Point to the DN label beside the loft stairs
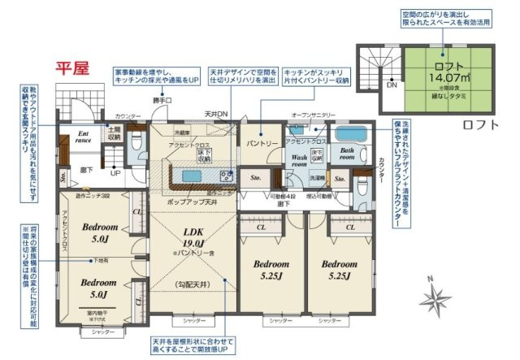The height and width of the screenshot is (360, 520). click(x=392, y=85)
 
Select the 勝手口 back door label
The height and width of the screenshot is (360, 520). click(x=162, y=101)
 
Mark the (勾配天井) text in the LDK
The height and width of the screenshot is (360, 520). click(x=192, y=284)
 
